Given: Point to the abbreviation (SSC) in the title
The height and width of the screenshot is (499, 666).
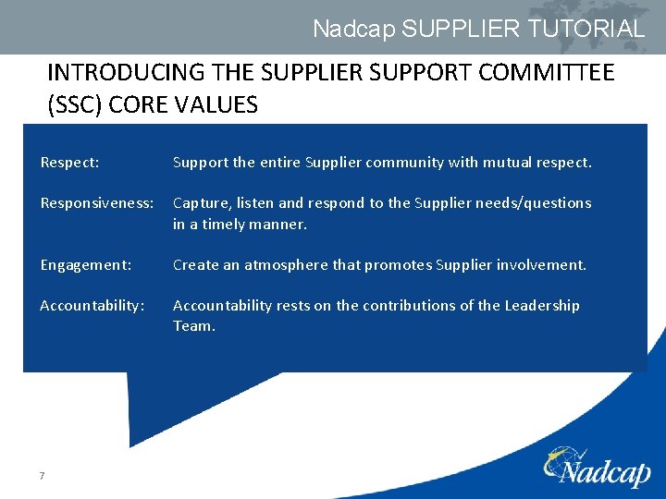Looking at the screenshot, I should (74, 104).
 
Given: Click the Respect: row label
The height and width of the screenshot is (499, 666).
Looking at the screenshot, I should (70, 163).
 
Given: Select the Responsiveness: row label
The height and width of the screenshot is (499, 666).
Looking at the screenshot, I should (96, 203).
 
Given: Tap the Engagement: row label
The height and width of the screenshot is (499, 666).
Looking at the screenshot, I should (86, 265).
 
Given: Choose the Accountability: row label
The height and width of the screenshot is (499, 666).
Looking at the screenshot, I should (92, 306).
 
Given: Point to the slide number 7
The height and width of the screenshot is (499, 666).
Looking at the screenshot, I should (43, 476).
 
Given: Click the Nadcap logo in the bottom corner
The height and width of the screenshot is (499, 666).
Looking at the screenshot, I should (597, 469).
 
